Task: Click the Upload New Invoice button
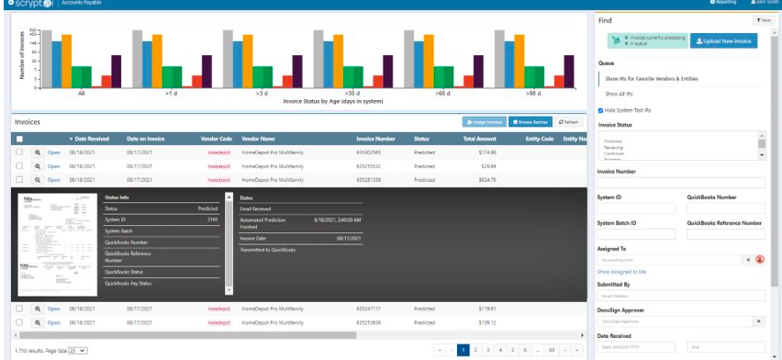click(724, 41)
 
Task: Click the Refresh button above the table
click(568, 121)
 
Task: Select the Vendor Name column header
click(259, 139)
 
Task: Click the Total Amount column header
click(480, 139)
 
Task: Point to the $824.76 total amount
click(486, 179)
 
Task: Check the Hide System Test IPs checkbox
click(601, 110)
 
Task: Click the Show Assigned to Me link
click(622, 272)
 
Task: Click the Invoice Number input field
click(680, 183)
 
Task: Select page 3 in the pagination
click(488, 350)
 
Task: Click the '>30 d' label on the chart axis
click(352, 93)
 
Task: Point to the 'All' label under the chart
click(82, 93)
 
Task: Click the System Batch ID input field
click(636, 234)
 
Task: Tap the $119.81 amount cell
click(486, 309)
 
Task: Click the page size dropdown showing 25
click(78, 351)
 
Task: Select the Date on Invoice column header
click(145, 139)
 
